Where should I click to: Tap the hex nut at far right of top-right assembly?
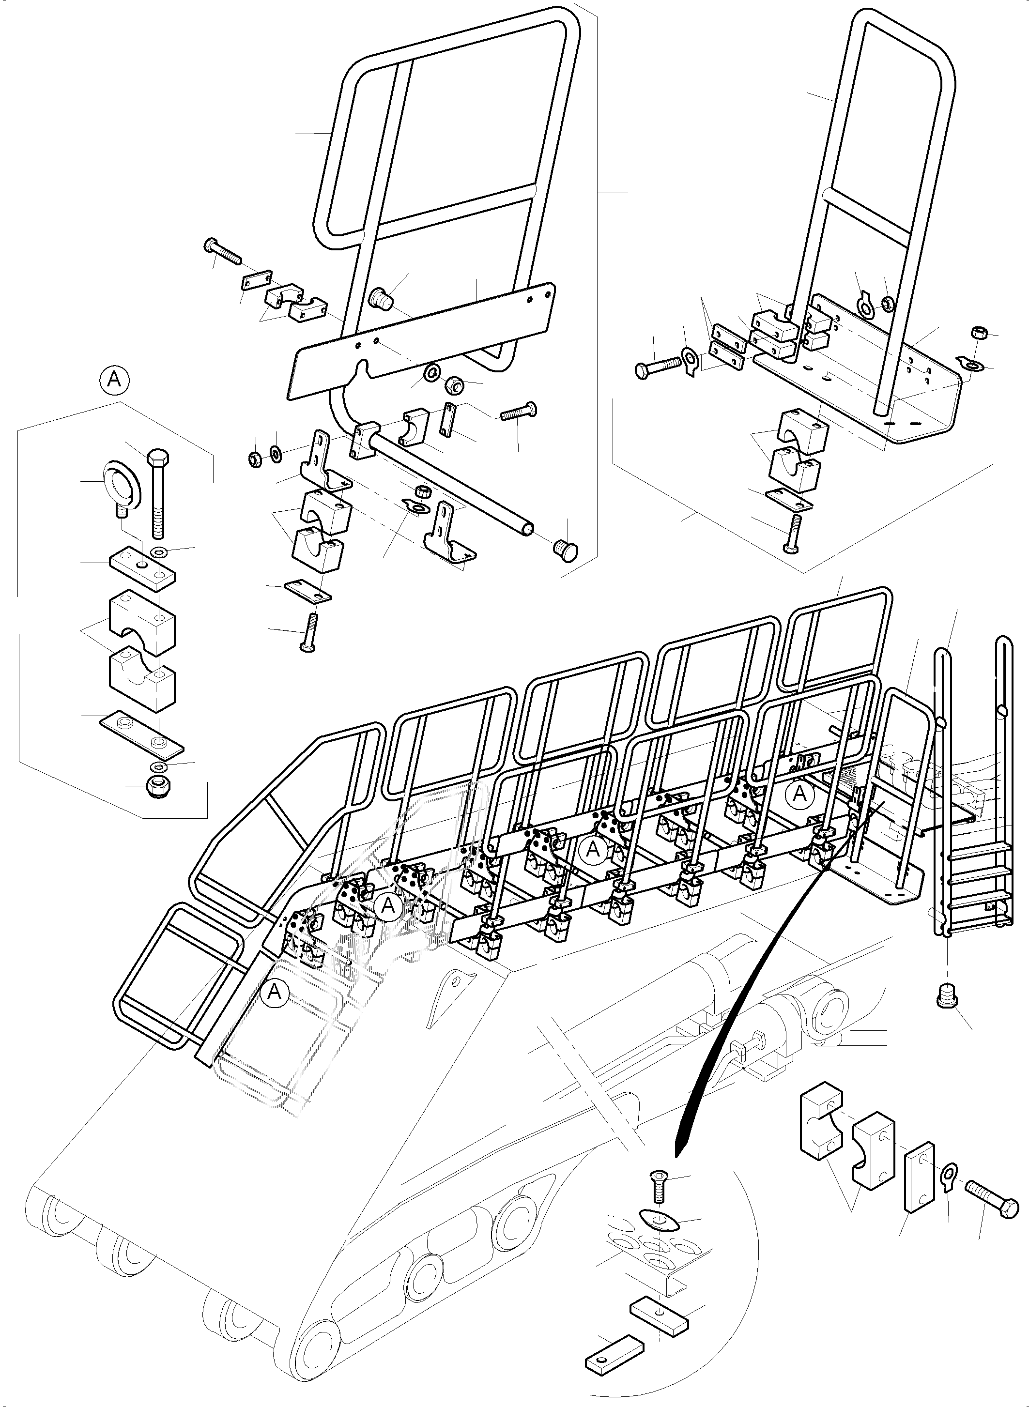[x=977, y=331]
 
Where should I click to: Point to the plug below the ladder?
[x=947, y=998]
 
